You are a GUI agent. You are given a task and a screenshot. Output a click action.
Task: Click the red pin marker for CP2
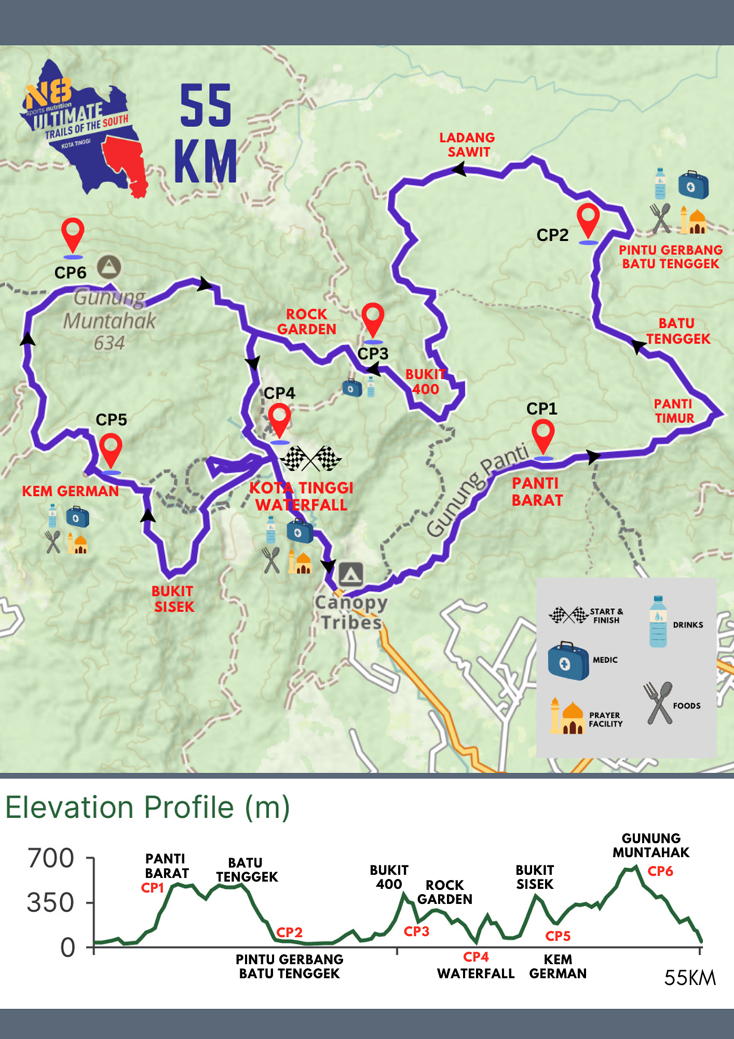pos(588,220)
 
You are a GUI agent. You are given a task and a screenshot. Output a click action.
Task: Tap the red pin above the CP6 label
pos(73,234)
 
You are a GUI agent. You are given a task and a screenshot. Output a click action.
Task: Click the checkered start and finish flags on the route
pos(310,459)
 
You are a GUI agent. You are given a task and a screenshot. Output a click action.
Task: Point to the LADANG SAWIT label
pos(467,145)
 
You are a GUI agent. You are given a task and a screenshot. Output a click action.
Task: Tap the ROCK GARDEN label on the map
pos(307,322)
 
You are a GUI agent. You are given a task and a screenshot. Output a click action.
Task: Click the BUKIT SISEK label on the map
pos(173,599)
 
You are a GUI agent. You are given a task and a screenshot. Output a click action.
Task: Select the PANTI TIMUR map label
pos(674,411)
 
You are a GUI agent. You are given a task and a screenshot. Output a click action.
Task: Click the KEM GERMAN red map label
pos(70,491)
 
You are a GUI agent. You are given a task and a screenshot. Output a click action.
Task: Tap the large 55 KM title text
pos(206,134)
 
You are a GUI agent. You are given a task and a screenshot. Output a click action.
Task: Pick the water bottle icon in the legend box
pos(658,621)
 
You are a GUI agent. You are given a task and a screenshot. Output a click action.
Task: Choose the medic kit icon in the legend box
pos(568,661)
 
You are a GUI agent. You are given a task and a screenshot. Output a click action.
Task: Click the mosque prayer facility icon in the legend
pos(566,716)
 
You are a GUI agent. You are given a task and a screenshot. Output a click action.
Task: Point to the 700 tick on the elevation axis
pos(51,858)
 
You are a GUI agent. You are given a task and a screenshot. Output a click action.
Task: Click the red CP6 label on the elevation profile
pos(660,871)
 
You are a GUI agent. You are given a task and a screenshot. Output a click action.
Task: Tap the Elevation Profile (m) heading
pos(147,808)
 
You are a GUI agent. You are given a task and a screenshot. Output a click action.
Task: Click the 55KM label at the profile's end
pos(689,978)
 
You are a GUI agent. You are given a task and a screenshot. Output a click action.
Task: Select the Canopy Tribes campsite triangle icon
pos(351,574)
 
